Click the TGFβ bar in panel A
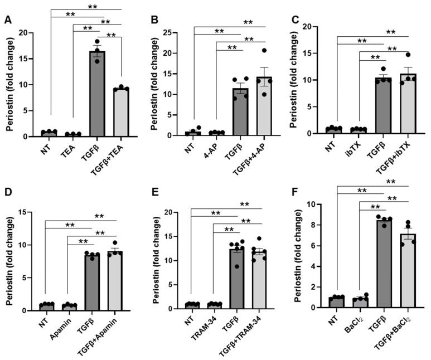[x=96, y=95]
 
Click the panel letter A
[x=7, y=21]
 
